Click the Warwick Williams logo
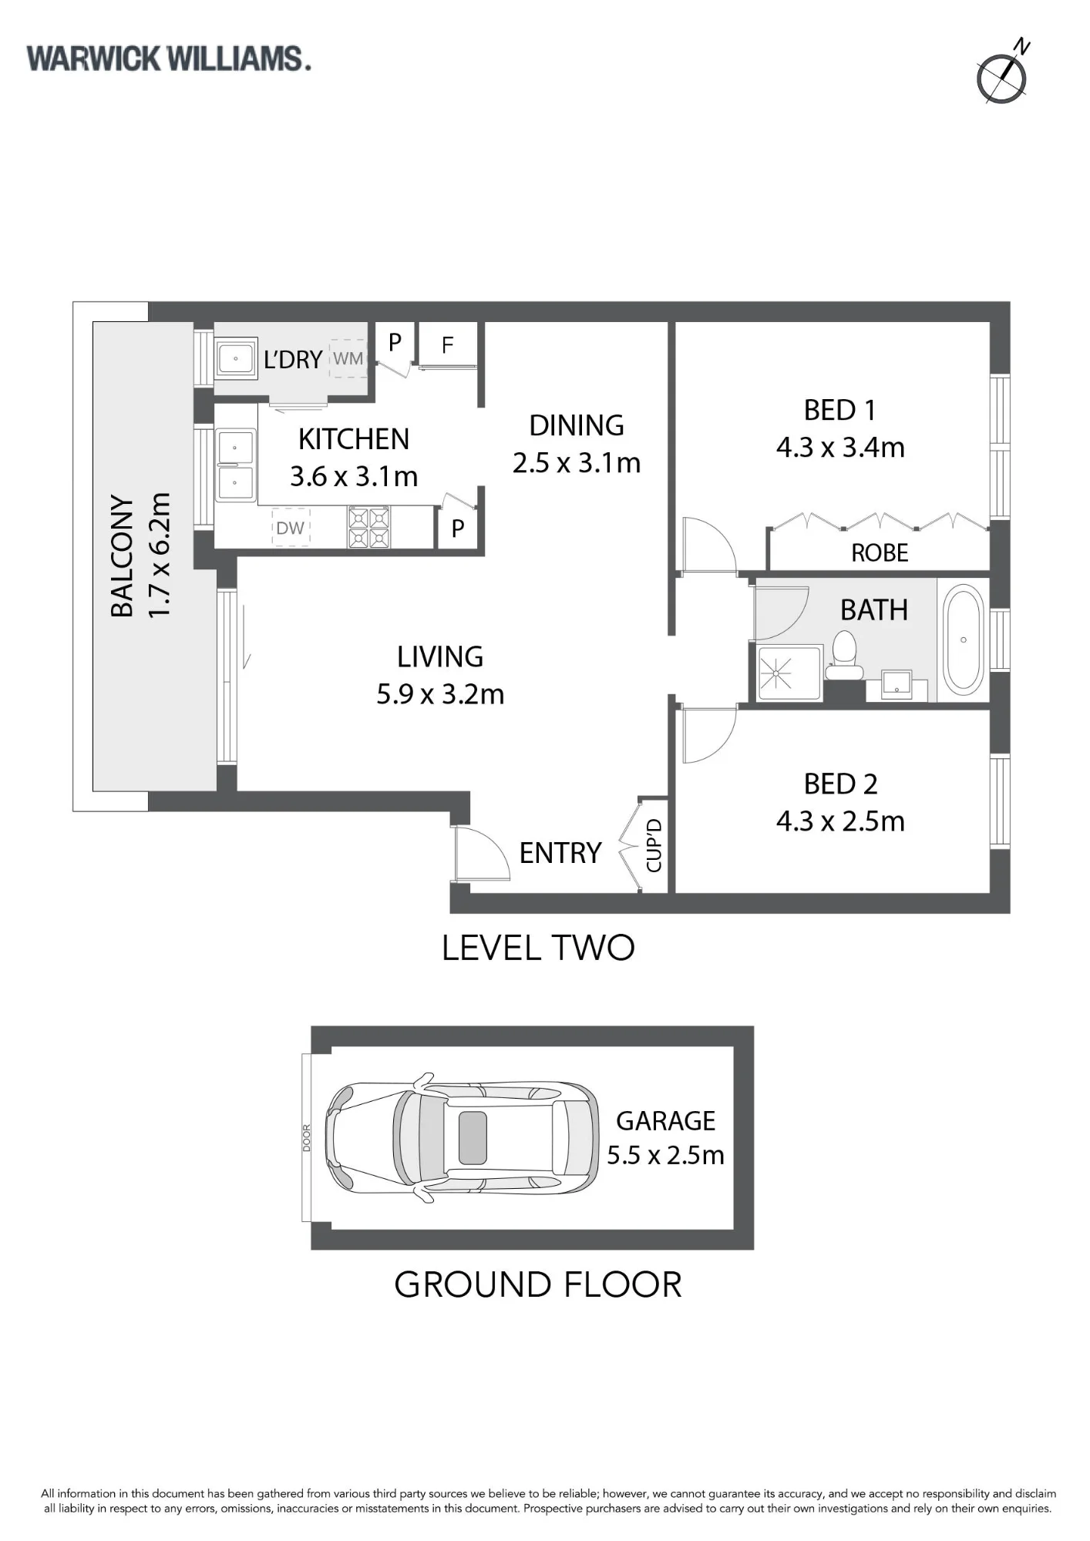click(x=169, y=59)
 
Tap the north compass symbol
click(x=1002, y=78)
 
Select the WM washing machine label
click(x=348, y=358)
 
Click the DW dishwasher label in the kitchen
click(x=291, y=528)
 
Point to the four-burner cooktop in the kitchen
click(x=369, y=527)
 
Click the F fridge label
click(x=447, y=346)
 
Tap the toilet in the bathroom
click(x=844, y=656)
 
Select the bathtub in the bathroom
click(x=964, y=639)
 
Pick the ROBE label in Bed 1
click(x=880, y=552)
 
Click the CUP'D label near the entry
click(x=654, y=845)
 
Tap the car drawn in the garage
click(x=461, y=1137)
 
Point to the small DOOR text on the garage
click(x=307, y=1138)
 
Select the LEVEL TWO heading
click(x=538, y=948)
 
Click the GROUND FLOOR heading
click(x=538, y=1284)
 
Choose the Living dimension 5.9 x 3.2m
click(x=440, y=694)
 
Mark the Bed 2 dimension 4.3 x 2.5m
click(x=840, y=821)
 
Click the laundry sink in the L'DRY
click(x=236, y=358)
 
